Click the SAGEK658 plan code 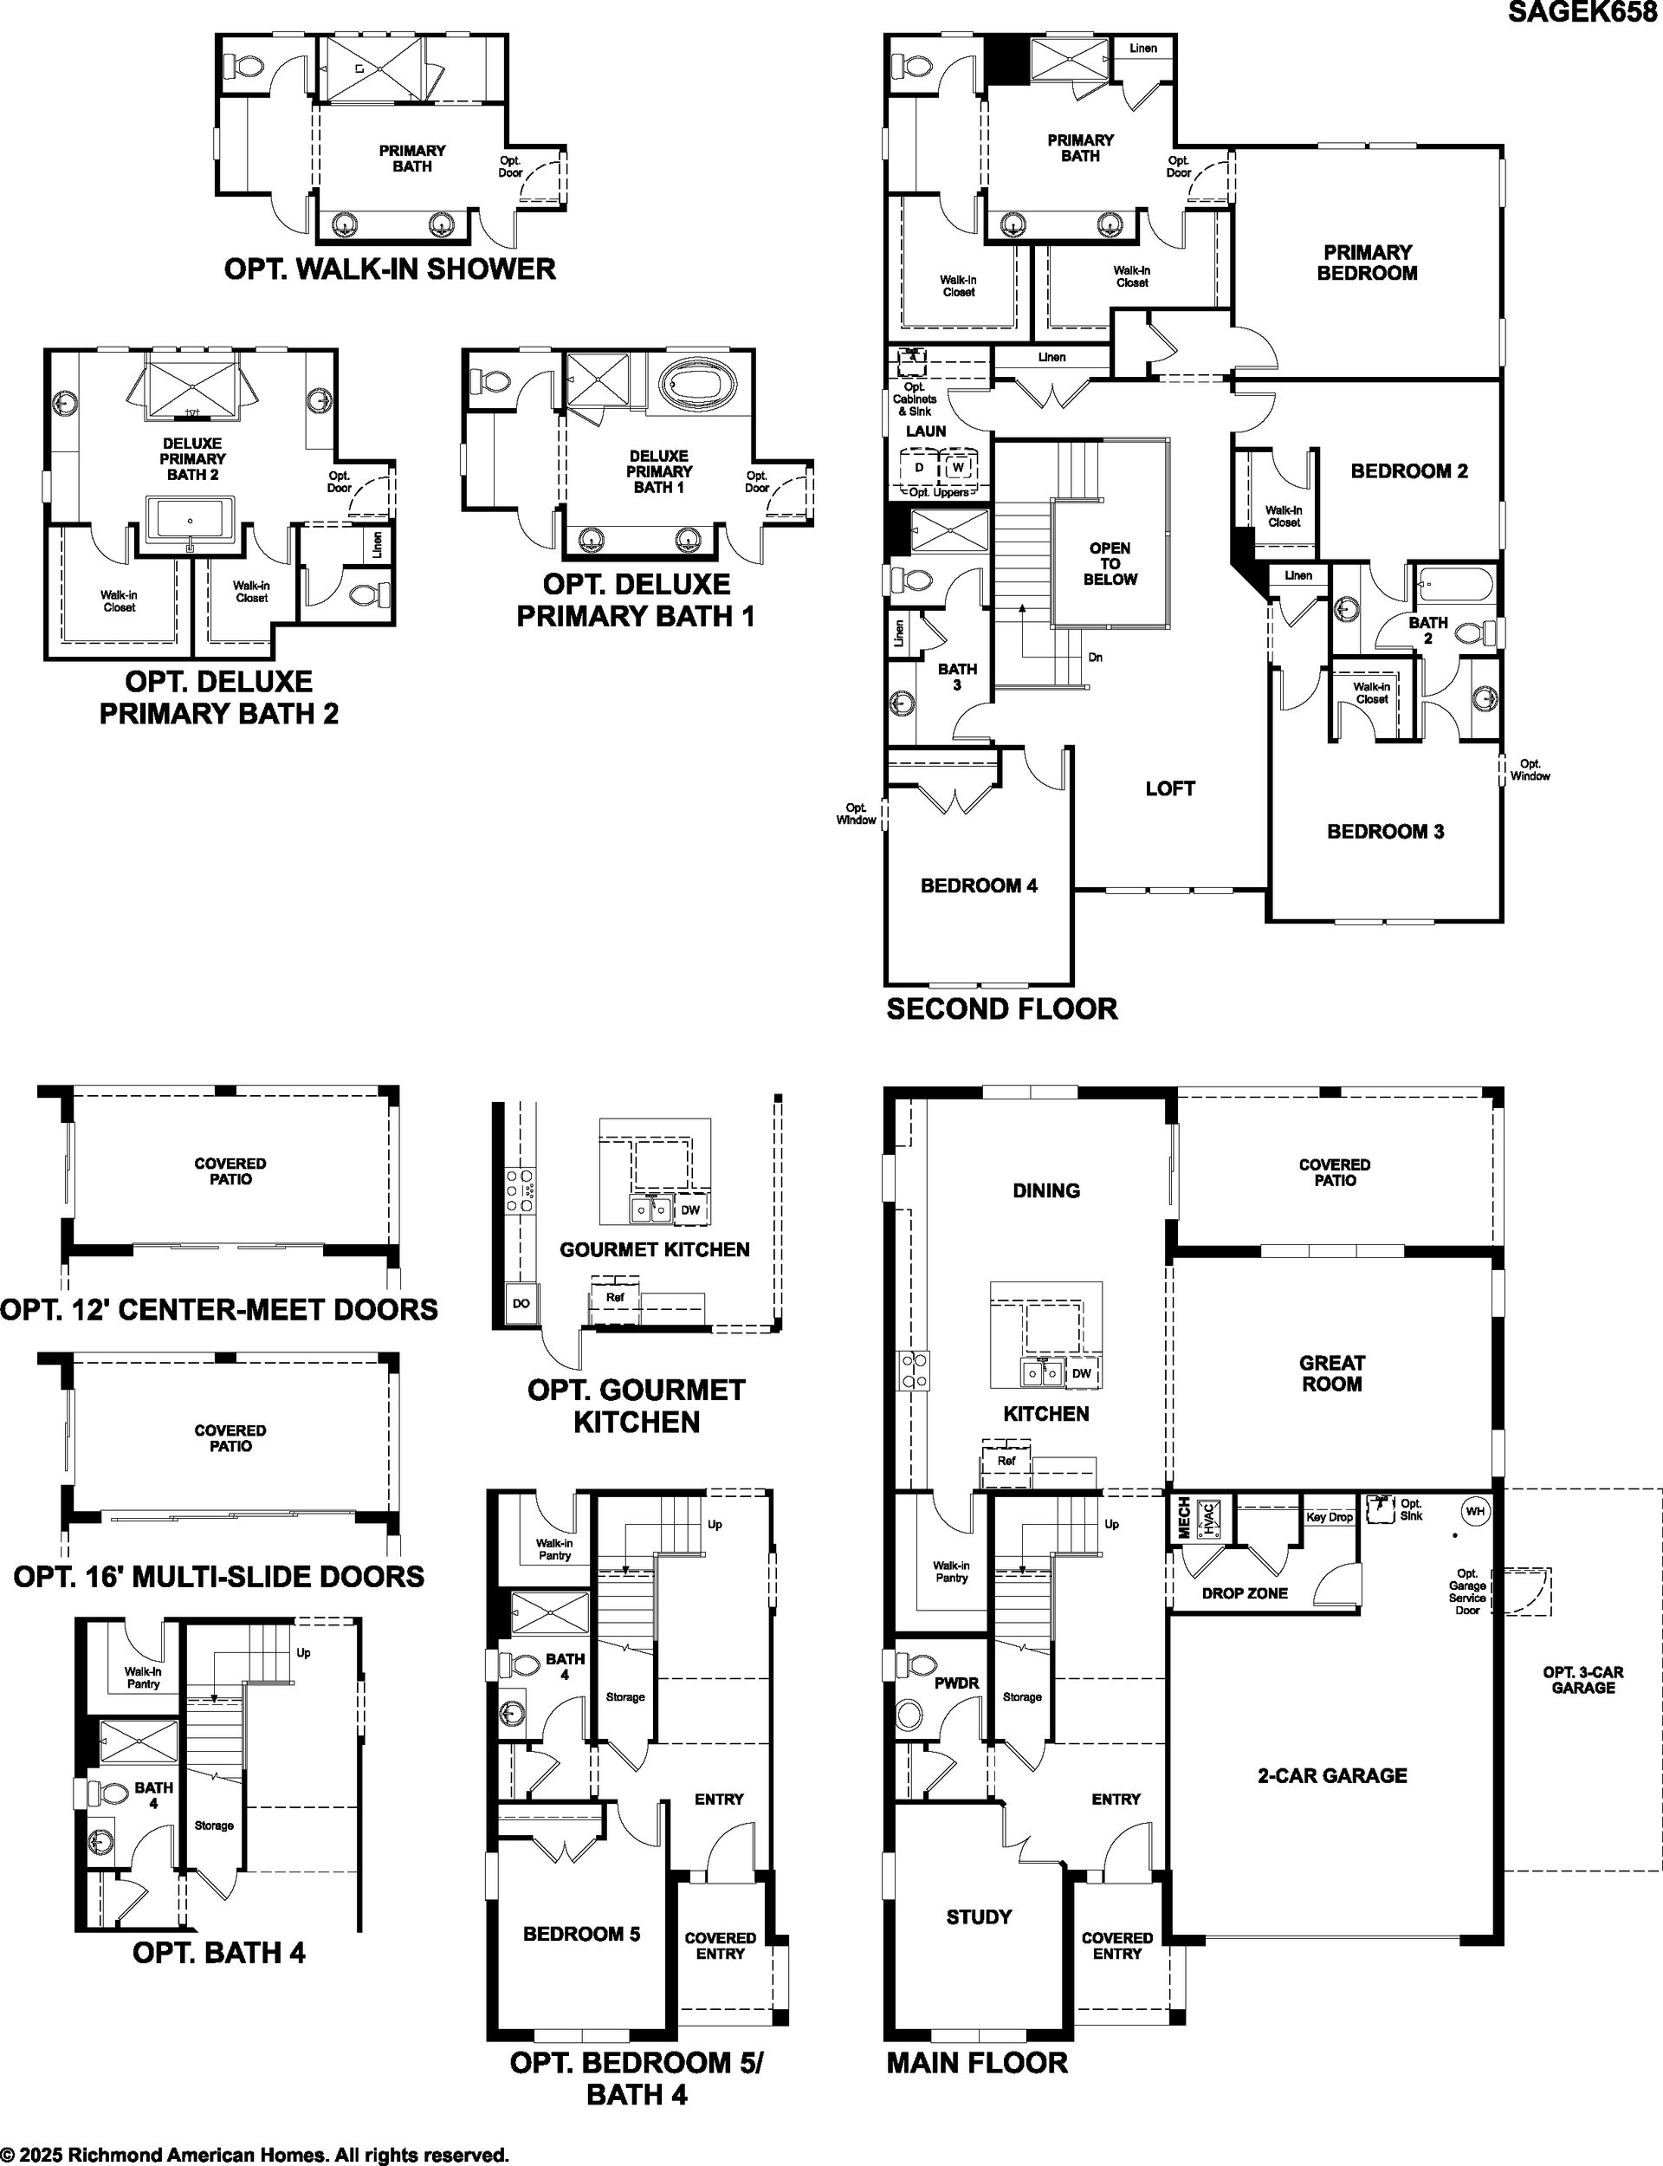point(1586,12)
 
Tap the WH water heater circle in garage point(1475,1512)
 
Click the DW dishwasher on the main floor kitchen point(1082,1373)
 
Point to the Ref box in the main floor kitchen point(1006,1460)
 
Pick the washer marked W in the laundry point(957,467)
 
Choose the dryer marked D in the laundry point(919,467)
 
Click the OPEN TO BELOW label point(1110,563)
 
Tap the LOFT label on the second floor point(1170,788)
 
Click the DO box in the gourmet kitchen point(521,1304)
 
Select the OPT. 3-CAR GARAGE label point(1582,1680)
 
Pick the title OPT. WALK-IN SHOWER point(390,269)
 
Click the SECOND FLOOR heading point(1002,1008)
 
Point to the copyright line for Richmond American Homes point(255,2154)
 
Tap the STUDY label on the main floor point(979,1916)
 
